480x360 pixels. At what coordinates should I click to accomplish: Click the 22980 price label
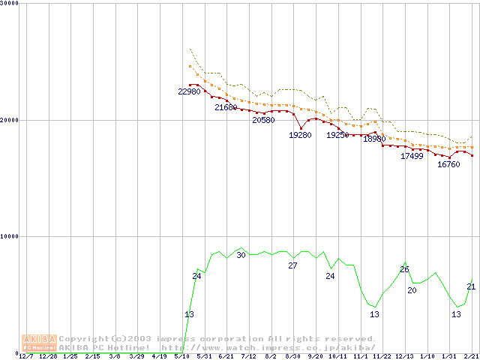[189, 91]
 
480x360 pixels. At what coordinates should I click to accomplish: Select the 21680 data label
[226, 107]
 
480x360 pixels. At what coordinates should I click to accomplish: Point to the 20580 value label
[263, 120]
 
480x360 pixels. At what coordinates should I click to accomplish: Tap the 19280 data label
[300, 135]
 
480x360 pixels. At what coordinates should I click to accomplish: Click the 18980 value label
[374, 139]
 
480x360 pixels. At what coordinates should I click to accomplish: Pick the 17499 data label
[412, 156]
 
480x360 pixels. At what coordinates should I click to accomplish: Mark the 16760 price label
[448, 164]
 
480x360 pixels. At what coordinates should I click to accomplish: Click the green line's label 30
[241, 255]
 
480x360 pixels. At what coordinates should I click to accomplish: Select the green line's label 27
[292, 265]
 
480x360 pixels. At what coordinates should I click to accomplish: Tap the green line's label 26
[404, 269]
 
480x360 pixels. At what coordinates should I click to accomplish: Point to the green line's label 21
[471, 286]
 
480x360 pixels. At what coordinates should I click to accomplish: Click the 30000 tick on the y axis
[10, 4]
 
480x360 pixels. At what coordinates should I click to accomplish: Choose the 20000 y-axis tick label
[10, 120]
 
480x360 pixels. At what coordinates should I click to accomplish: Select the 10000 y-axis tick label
[10, 236]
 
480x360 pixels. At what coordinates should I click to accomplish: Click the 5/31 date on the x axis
[203, 356]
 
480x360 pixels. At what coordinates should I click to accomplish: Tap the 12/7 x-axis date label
[25, 356]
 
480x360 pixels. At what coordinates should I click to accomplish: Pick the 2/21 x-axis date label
[471, 356]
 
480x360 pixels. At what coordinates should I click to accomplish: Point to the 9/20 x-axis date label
[315, 356]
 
